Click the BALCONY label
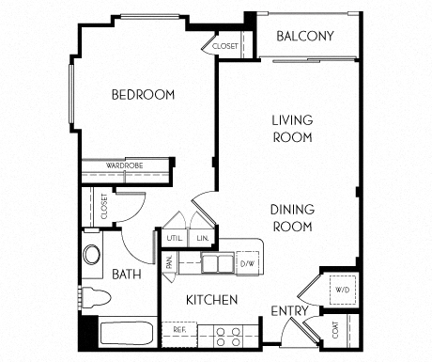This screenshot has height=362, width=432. [306, 37]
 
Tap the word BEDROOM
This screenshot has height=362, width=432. [144, 95]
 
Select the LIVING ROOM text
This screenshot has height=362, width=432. [292, 128]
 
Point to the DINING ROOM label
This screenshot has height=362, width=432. [292, 218]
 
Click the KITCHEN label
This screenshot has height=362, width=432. [210, 300]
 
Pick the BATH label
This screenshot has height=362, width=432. [127, 275]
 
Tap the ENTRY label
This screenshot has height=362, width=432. [290, 311]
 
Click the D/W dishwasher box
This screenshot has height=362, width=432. [249, 262]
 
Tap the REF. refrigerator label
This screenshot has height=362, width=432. [178, 331]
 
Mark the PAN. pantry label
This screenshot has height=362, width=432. [170, 264]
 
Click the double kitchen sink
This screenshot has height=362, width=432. [215, 263]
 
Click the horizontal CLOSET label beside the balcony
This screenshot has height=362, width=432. [225, 45]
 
